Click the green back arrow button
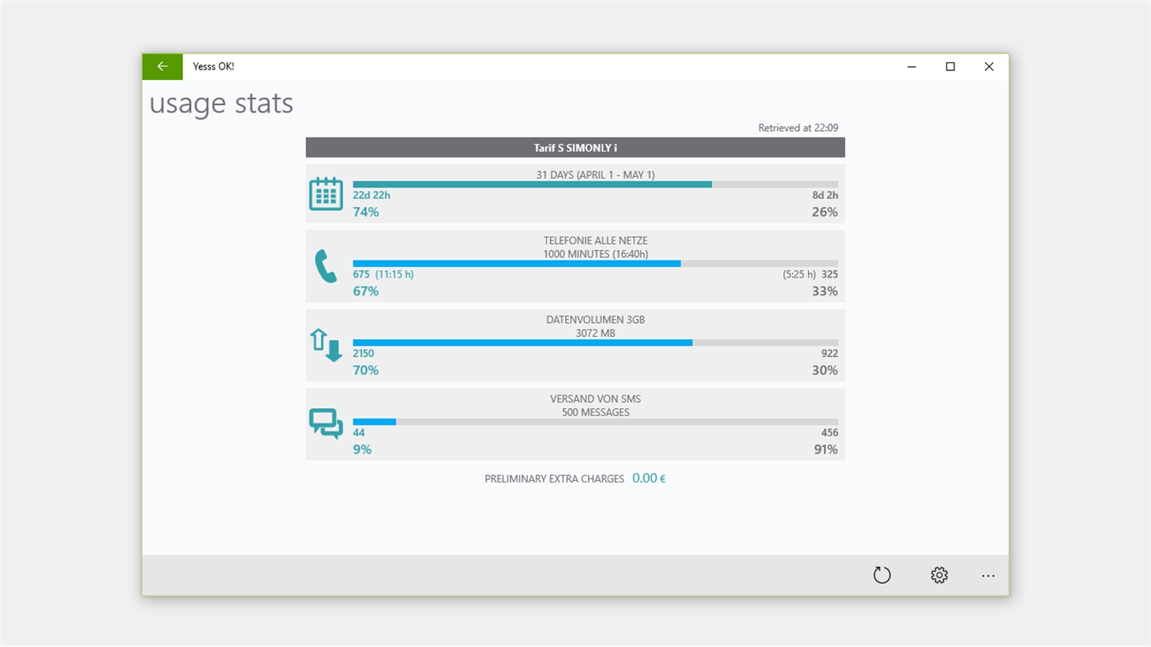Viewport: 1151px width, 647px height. pyautogui.click(x=162, y=66)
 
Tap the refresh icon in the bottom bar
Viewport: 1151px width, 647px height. pyautogui.click(x=882, y=575)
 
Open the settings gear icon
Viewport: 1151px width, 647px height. pyautogui.click(x=939, y=575)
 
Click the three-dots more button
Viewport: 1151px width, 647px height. pyautogui.click(x=989, y=575)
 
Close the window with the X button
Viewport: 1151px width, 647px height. pyautogui.click(x=989, y=67)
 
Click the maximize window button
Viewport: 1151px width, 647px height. pyautogui.click(x=950, y=67)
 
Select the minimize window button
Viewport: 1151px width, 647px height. pyautogui.click(x=912, y=67)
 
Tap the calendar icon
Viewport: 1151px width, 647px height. pyautogui.click(x=326, y=194)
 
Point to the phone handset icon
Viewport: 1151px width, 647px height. pyautogui.click(x=326, y=267)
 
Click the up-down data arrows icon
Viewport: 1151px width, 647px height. pyautogui.click(x=326, y=345)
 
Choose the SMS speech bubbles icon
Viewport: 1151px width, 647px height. pyautogui.click(x=326, y=423)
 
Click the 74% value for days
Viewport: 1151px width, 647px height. pyautogui.click(x=366, y=212)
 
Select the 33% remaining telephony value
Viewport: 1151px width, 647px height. pyautogui.click(x=825, y=291)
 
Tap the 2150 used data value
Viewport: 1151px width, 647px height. pyautogui.click(x=364, y=354)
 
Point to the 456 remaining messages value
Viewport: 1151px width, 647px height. pyautogui.click(x=830, y=433)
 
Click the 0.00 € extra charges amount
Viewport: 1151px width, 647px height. pyautogui.click(x=649, y=478)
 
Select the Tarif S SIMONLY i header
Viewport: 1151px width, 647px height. pyautogui.click(x=575, y=148)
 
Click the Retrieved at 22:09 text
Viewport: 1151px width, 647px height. pyautogui.click(x=798, y=128)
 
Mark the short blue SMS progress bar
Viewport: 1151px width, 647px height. pyautogui.click(x=374, y=422)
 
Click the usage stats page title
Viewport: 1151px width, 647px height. pyautogui.click(x=221, y=104)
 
